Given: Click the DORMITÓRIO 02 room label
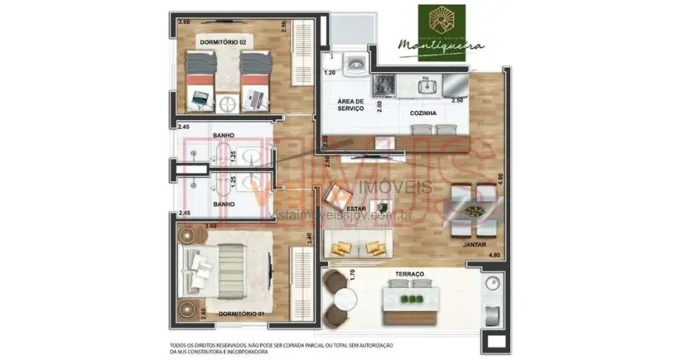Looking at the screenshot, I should pos(222,42).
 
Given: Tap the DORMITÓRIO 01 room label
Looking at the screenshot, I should pos(242,313).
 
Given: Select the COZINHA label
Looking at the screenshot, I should pos(423,114).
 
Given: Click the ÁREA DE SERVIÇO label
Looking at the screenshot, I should pos(350,105).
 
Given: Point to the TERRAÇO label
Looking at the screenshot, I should pos(409,274).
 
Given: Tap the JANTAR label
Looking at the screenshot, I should pos(474,245).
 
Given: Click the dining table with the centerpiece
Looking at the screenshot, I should pos(474,210).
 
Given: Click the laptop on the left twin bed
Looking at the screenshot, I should pos(199,99).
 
